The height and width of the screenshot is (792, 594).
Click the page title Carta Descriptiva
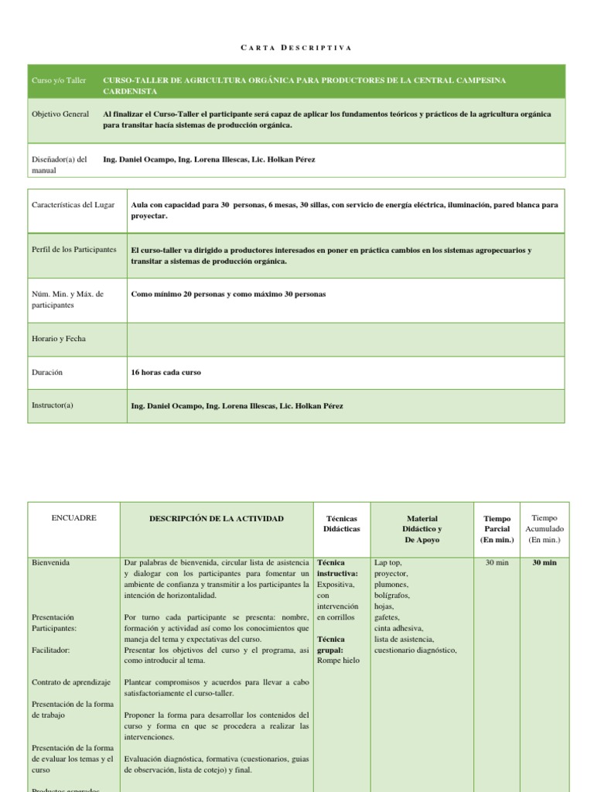click(296, 48)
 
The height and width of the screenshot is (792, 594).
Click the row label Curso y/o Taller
click(59, 80)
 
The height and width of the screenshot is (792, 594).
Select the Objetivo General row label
click(60, 114)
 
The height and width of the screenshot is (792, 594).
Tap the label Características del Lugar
click(73, 205)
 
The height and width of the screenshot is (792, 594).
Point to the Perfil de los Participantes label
click(73, 250)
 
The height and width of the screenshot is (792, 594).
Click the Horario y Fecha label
click(59, 340)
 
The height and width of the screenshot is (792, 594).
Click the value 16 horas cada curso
click(166, 372)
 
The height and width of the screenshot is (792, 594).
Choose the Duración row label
click(47, 372)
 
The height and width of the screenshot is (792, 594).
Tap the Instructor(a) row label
click(53, 405)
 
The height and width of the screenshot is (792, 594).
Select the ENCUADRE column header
click(73, 518)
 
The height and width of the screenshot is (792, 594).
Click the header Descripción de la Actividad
click(216, 518)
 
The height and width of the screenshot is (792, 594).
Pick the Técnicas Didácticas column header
click(341, 524)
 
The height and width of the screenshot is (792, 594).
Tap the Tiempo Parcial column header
click(497, 529)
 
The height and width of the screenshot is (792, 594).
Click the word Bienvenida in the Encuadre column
click(50, 563)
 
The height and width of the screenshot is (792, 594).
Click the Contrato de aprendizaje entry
click(71, 682)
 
